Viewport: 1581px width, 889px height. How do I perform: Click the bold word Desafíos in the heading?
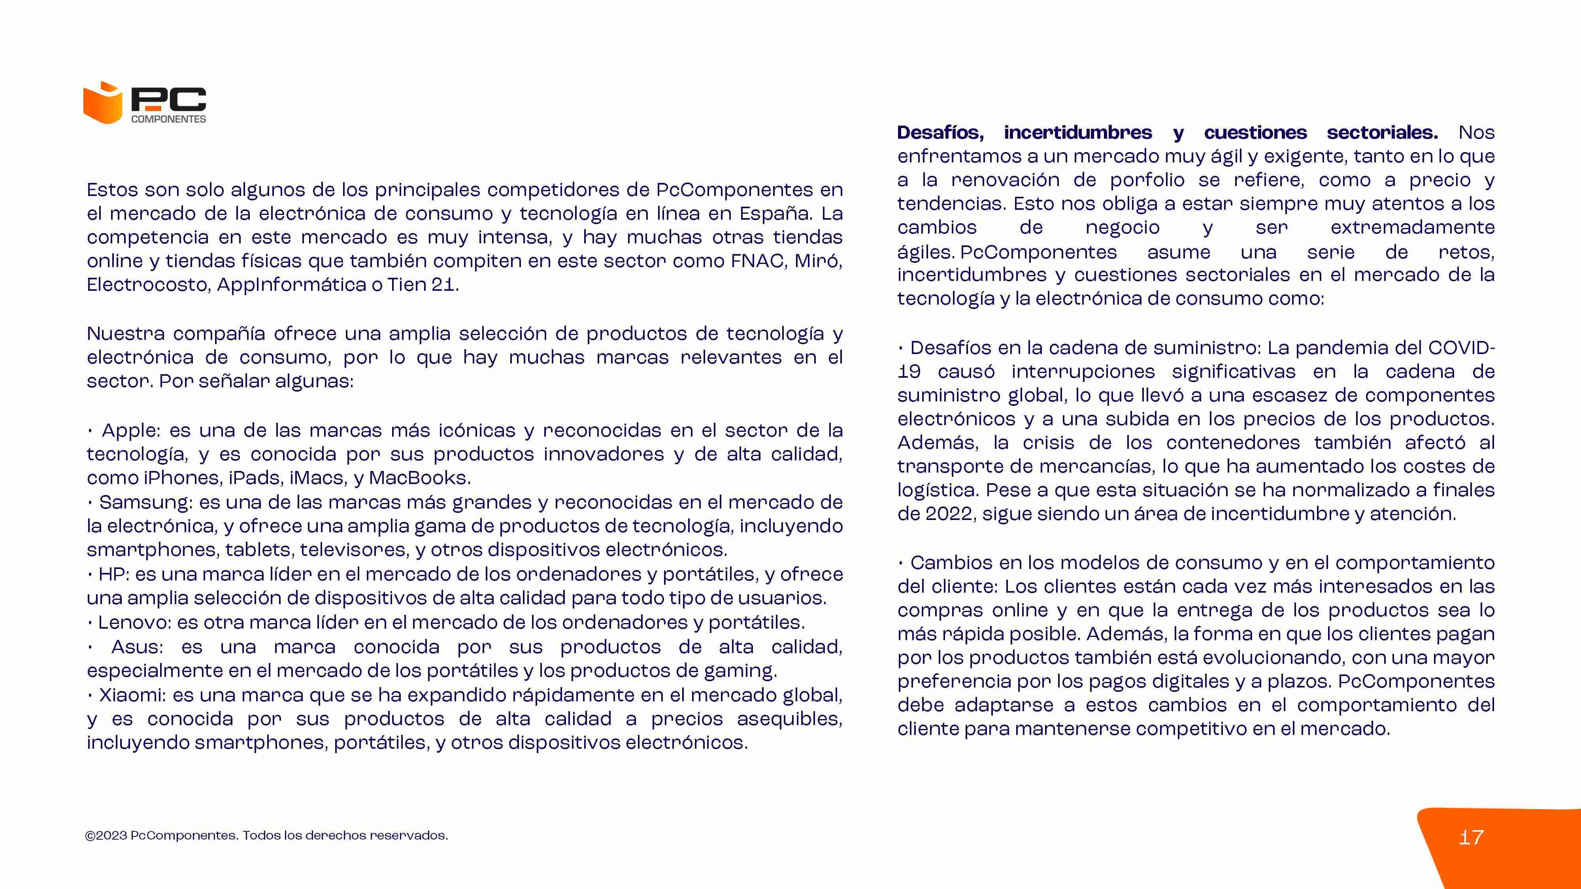click(940, 132)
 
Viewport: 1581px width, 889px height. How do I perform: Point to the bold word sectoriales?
click(1382, 132)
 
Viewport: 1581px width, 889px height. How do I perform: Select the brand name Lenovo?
click(134, 623)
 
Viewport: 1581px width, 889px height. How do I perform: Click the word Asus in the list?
click(137, 647)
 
